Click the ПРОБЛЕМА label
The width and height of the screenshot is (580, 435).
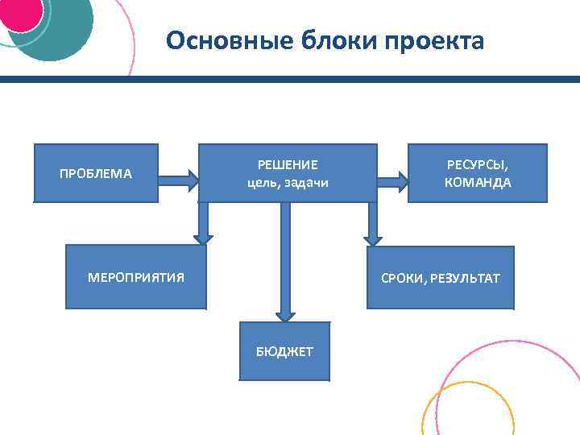(x=96, y=173)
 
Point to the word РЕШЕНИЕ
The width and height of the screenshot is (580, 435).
(x=288, y=165)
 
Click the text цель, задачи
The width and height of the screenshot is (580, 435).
(x=288, y=183)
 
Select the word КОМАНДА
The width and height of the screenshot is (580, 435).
(x=478, y=183)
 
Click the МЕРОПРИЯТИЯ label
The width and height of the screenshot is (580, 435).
(x=136, y=278)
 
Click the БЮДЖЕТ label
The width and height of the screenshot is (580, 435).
(x=284, y=351)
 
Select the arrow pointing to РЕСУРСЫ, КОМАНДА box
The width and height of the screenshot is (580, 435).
(x=392, y=180)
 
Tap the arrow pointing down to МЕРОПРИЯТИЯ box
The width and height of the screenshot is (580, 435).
(x=204, y=224)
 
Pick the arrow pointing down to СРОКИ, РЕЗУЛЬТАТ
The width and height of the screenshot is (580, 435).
(x=372, y=224)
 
